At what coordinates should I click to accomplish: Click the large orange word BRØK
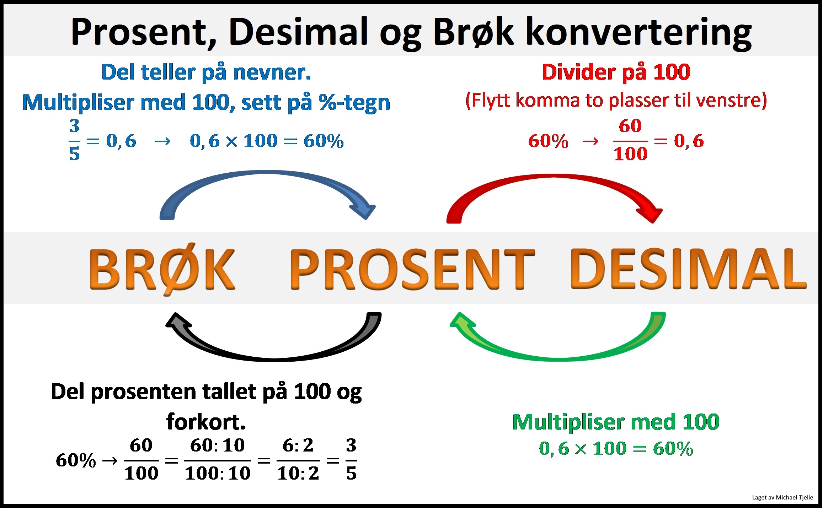[x=162, y=269]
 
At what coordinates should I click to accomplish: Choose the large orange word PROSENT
[x=412, y=269]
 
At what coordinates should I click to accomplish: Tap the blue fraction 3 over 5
[x=74, y=140]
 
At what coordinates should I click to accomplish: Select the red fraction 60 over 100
[x=630, y=140]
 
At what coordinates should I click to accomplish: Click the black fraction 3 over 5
[x=351, y=460]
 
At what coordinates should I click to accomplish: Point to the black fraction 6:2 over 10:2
[x=298, y=460]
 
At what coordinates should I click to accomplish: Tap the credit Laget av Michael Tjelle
[x=782, y=497]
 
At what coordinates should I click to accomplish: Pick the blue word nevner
[x=272, y=72]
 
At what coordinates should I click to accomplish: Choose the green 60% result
[x=673, y=449]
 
